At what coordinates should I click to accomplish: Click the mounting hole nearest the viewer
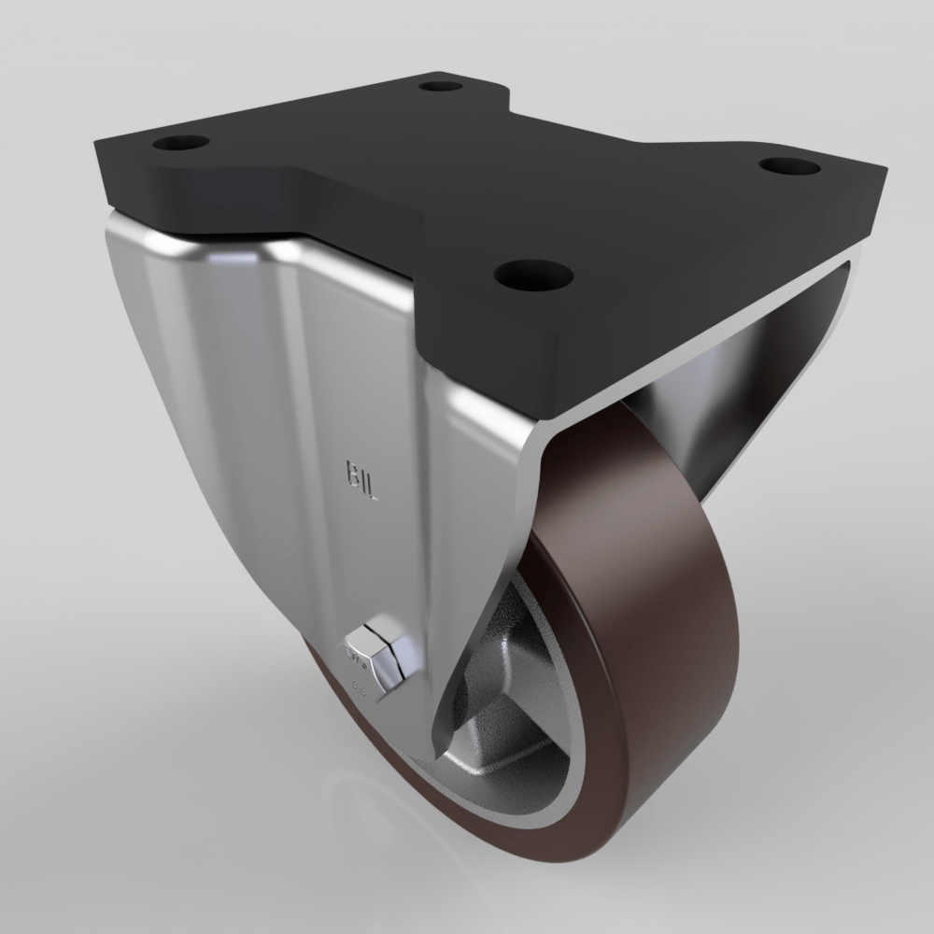[x=533, y=275]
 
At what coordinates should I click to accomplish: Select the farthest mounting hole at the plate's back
[x=441, y=87]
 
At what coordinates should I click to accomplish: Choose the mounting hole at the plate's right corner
[x=789, y=166]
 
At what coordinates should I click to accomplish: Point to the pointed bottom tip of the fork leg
[x=435, y=752]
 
